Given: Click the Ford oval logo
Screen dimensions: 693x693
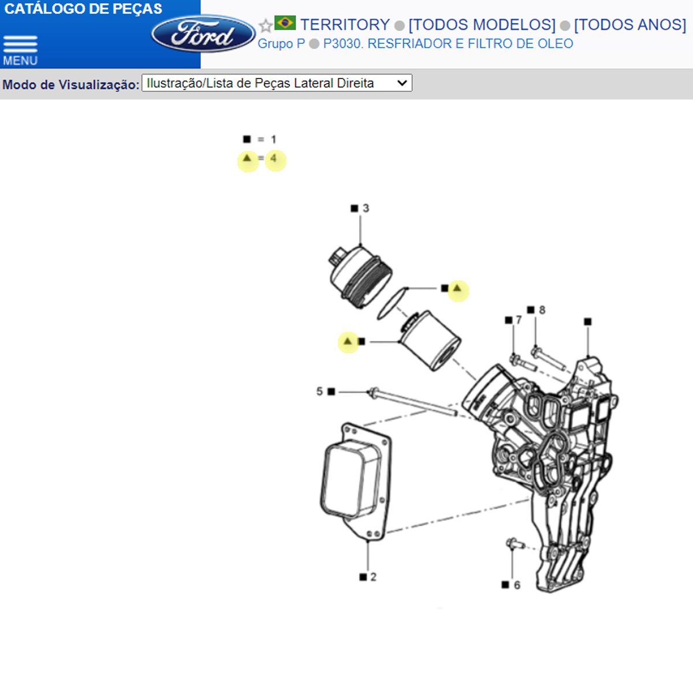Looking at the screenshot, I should pos(203,34).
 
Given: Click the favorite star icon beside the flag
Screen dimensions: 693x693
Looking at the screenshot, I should pos(265,26).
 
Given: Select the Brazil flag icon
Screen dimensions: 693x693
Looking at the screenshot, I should pos(285,23).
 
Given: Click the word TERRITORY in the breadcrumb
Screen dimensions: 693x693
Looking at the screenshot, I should pos(345,25).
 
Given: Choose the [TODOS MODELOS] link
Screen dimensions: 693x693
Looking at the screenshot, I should pos(482,25).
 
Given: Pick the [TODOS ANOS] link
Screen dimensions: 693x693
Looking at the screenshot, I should pos(629,25).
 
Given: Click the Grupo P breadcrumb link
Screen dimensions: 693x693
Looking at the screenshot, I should pos(281,44).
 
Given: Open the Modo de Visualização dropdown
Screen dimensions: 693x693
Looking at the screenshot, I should pos(277,83).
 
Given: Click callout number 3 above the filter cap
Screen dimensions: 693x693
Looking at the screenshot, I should pos(366,208).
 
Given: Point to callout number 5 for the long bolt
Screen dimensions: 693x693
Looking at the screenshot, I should pos(319,392).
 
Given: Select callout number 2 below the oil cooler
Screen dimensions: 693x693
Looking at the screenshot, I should pos(373,576).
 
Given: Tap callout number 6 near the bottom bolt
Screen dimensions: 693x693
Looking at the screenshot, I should pos(517,585).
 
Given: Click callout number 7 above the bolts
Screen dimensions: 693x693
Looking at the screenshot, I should pos(519,320).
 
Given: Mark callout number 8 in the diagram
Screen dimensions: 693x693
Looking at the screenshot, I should pos(542,310).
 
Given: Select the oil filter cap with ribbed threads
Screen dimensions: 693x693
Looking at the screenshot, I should pos(361,276).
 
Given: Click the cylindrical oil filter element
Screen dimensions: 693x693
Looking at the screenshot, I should pos(430,341).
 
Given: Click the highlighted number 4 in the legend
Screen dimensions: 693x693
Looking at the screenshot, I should pos(274,158).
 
